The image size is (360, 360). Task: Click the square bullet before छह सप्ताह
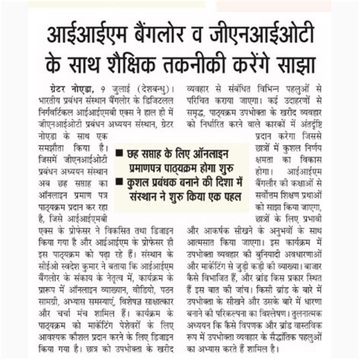click(120, 153)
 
